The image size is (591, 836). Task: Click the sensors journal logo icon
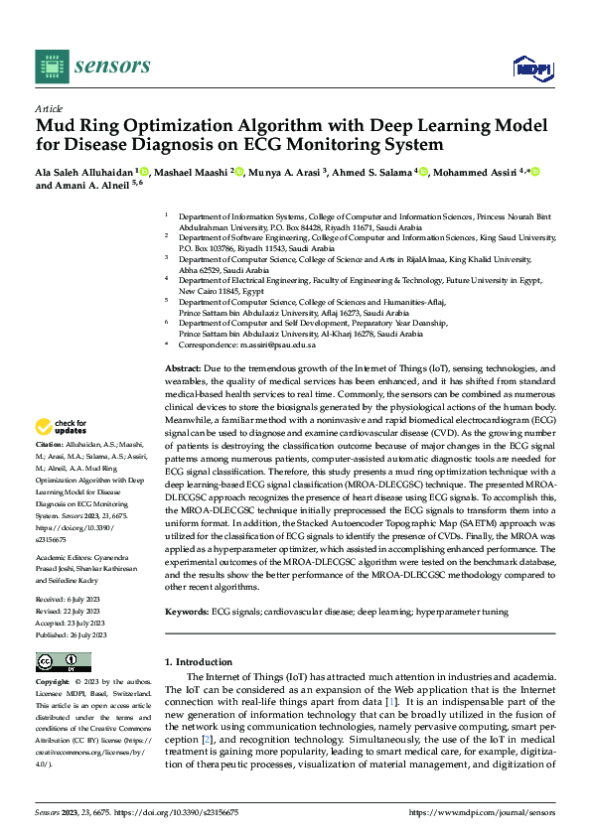click(52, 66)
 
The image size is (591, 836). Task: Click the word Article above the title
click(49, 108)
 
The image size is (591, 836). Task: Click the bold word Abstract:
click(186, 368)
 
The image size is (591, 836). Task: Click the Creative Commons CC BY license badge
click(63, 662)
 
